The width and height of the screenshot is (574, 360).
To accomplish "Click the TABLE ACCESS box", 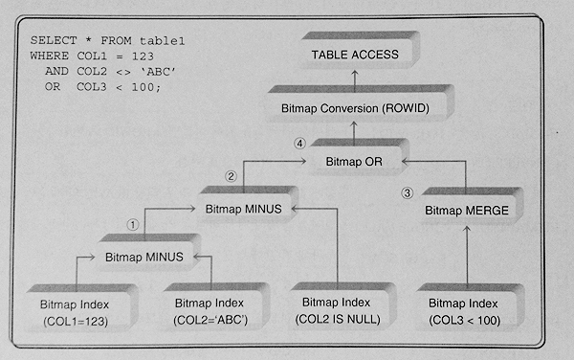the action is pyautogui.click(x=359, y=51).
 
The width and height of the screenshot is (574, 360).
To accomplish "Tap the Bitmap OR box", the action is pyautogui.click(x=359, y=157).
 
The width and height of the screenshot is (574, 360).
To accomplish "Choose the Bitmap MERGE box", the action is pyautogui.click(x=472, y=206).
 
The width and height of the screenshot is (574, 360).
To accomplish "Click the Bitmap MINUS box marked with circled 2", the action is pyautogui.click(x=248, y=204).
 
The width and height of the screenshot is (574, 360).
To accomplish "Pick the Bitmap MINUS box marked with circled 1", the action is pyautogui.click(x=148, y=253).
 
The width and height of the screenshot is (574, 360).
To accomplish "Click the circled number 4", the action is pyautogui.click(x=299, y=144).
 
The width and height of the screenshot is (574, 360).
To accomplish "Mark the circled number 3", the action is pyautogui.click(x=408, y=193).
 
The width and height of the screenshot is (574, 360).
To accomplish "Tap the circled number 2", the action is pyautogui.click(x=231, y=176).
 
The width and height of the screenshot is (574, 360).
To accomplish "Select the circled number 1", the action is pyautogui.click(x=133, y=224).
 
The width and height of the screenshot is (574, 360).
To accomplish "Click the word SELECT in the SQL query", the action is pyautogui.click(x=54, y=40).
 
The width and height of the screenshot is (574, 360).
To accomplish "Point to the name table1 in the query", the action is pyautogui.click(x=163, y=40).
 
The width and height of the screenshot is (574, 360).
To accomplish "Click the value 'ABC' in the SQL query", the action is pyautogui.click(x=158, y=72).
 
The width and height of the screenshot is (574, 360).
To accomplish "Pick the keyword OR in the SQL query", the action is pyautogui.click(x=53, y=87).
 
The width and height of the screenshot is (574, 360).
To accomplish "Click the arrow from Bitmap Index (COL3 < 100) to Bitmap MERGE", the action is pyautogui.click(x=467, y=255).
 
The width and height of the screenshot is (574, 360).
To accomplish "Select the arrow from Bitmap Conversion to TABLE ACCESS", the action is pyautogui.click(x=354, y=81).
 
